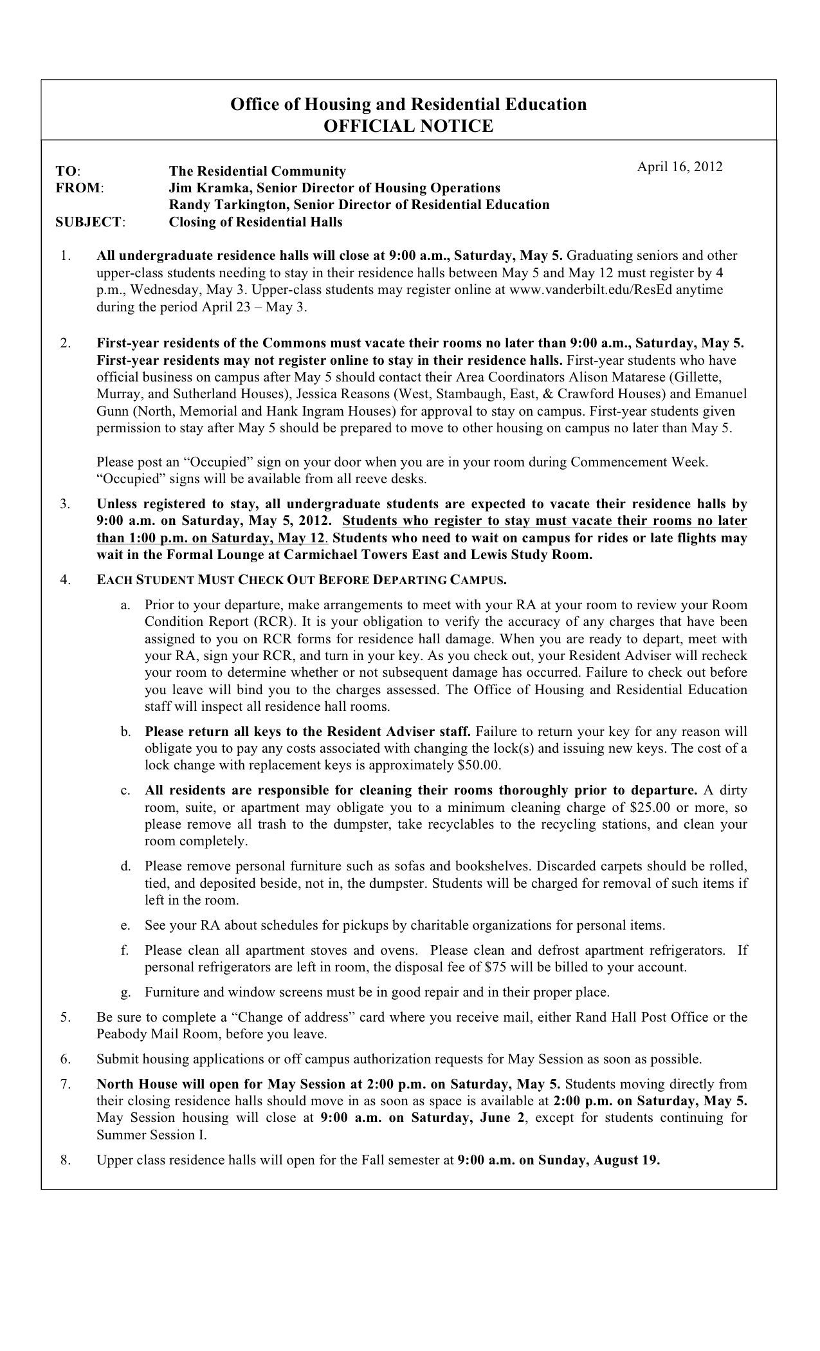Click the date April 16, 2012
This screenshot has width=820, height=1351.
(679, 167)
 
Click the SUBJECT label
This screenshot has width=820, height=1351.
(90, 222)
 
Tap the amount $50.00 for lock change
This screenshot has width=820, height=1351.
(478, 766)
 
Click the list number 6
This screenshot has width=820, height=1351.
(65, 1059)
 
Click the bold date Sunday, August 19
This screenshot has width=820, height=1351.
(599, 1161)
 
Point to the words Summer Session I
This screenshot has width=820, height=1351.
(151, 1135)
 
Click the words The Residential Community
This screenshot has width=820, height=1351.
(257, 171)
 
